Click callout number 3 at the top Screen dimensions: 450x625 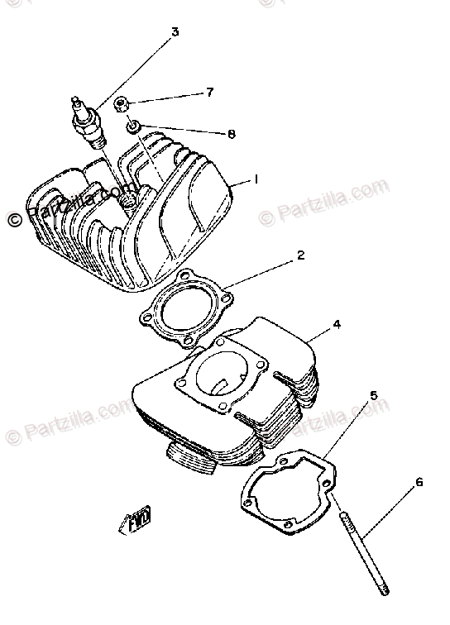click(175, 31)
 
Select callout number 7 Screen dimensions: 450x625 click(210, 93)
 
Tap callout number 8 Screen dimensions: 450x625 click(232, 134)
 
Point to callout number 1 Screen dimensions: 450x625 click(256, 179)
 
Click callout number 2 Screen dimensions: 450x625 click(301, 255)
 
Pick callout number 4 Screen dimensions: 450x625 click(337, 325)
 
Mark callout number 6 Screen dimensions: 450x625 click(419, 482)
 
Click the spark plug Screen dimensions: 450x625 click(89, 122)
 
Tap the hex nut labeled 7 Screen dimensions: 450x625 click(122, 105)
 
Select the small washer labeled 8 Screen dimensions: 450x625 click(133, 127)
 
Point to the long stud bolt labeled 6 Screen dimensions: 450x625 click(363, 553)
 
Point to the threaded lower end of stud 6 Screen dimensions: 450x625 click(383, 590)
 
